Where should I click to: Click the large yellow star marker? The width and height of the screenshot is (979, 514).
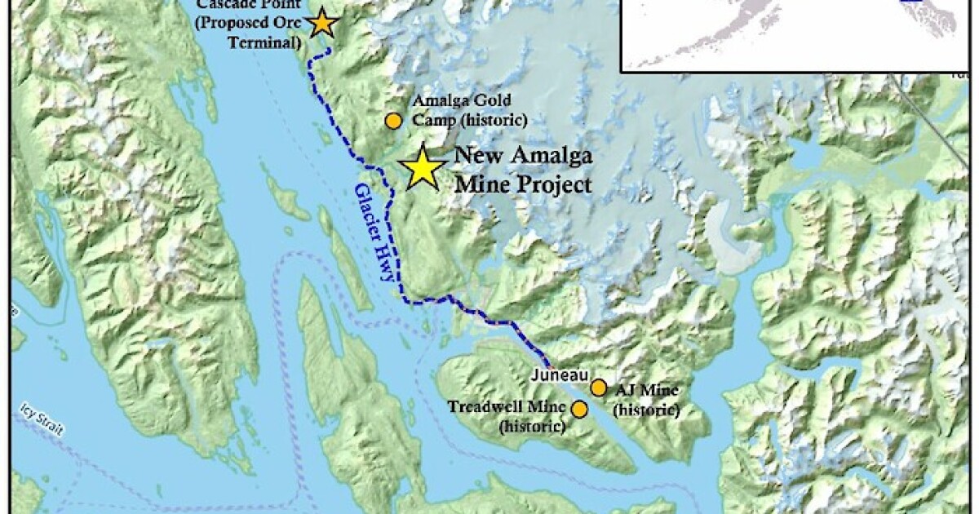[x=423, y=167]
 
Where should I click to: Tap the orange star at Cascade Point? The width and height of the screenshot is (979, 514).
[x=323, y=23]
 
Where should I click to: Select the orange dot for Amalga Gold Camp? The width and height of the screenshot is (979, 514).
[x=393, y=121]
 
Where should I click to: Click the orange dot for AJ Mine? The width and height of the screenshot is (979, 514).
[x=599, y=387]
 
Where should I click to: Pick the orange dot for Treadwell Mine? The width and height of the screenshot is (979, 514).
[x=579, y=409]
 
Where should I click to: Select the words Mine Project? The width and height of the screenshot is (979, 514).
[x=523, y=184]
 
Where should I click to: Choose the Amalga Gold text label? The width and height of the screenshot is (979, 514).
[x=462, y=101]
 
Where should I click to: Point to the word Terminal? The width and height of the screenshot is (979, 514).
[x=267, y=42]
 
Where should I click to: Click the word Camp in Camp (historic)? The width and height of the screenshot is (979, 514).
[x=432, y=120]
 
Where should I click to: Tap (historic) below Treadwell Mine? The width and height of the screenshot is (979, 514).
[x=531, y=424]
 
